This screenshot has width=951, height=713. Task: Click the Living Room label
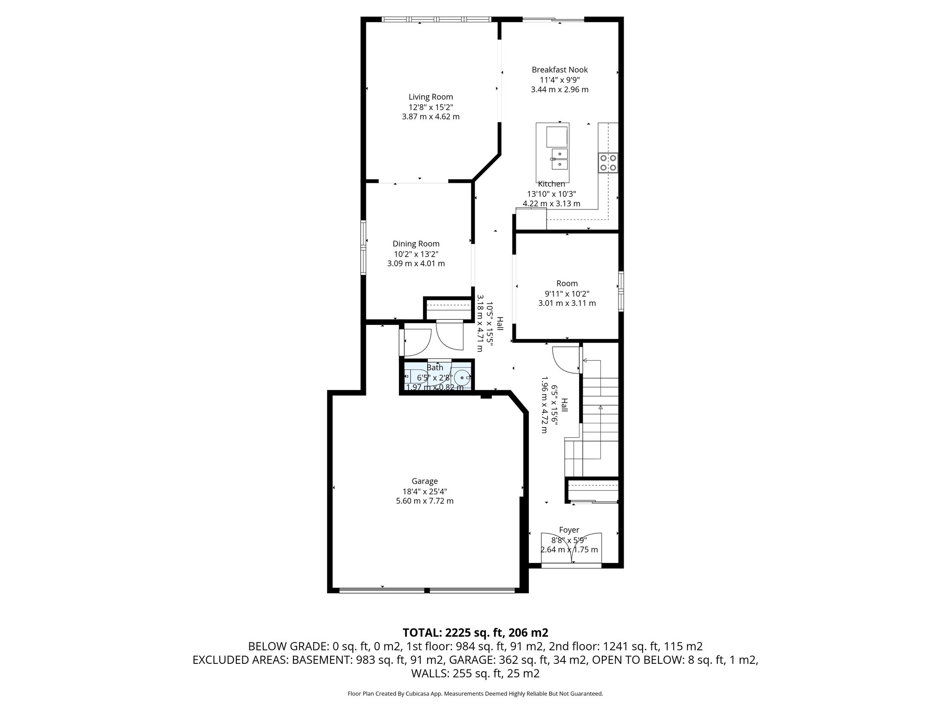(x=430, y=97)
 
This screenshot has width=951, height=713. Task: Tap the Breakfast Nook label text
(x=560, y=70)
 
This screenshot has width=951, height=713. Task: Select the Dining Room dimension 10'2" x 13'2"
(x=416, y=254)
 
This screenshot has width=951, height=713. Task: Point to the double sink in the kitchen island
(x=560, y=159)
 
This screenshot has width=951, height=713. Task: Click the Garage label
(x=424, y=481)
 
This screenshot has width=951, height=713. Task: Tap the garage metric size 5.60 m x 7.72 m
(x=424, y=501)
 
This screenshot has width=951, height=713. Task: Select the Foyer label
(x=569, y=530)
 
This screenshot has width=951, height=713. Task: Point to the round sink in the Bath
(x=462, y=377)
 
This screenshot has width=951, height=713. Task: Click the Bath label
(x=435, y=368)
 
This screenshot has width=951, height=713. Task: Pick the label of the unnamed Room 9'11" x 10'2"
(x=567, y=283)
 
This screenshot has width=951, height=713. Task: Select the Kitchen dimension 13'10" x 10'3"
(x=551, y=194)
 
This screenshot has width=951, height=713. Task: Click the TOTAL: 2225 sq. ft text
(x=475, y=632)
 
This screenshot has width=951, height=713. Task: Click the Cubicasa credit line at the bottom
(x=475, y=694)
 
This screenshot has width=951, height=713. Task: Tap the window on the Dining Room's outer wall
(x=364, y=248)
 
